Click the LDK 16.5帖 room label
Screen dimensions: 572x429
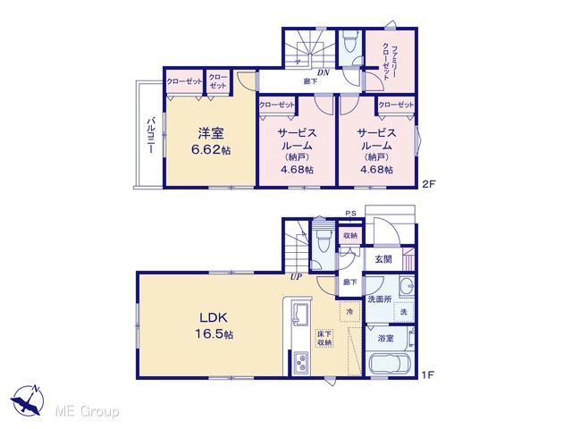[214, 325]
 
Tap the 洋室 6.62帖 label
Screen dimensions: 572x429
[211, 141]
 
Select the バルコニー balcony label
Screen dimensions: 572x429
[151, 135]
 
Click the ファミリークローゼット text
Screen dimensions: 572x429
[390, 63]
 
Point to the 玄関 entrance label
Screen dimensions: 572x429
[383, 259]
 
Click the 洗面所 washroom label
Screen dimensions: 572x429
[379, 299]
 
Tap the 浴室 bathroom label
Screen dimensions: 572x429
[385, 338]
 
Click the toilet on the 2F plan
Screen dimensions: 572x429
[350, 43]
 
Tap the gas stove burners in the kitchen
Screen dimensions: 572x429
[301, 362]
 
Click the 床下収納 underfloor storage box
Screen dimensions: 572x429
[324, 338]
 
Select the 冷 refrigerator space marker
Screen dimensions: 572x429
[349, 312]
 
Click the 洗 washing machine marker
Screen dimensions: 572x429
[403, 312]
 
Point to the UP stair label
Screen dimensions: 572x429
[296, 277]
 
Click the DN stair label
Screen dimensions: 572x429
[324, 72]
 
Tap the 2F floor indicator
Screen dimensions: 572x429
[428, 184]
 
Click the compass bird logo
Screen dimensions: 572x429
[27, 400]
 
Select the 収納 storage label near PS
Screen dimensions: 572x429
[350, 236]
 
